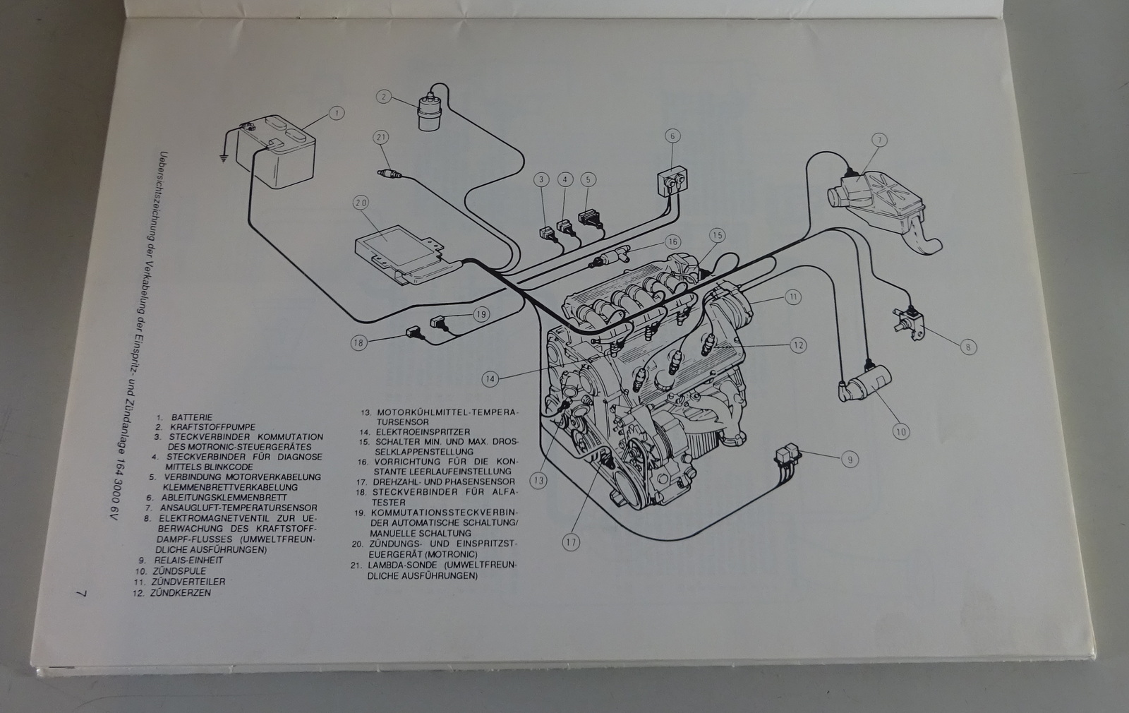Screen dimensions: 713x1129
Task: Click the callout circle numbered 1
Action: pyautogui.click(x=337, y=113)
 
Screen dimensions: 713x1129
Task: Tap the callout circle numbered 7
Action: pyautogui.click(x=879, y=140)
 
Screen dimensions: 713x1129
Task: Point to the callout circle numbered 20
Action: pyautogui.click(x=361, y=203)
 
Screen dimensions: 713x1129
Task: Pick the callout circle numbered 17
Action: pyautogui.click(x=570, y=542)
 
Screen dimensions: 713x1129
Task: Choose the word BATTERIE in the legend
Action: pyautogui.click(x=191, y=417)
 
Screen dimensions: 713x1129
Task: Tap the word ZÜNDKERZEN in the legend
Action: pyautogui.click(x=181, y=593)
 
